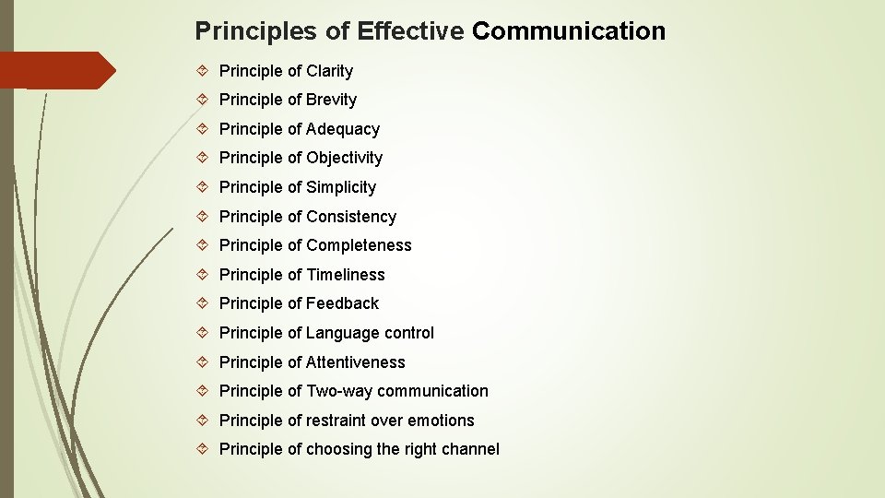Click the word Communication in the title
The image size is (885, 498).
tap(568, 31)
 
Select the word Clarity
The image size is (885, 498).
tap(329, 71)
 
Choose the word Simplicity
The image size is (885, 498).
tap(341, 187)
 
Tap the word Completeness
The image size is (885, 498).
tap(359, 245)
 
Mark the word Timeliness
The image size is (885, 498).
tap(345, 275)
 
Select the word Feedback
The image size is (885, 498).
tap(342, 303)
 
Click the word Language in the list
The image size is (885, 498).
tap(342, 333)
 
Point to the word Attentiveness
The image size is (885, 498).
tap(355, 362)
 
